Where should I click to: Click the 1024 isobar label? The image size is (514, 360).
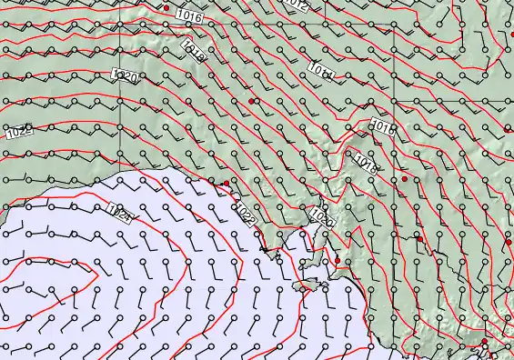(120, 214)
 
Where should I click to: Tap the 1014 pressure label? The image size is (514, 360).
(320, 69)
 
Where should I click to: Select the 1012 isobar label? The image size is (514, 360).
(296, 5)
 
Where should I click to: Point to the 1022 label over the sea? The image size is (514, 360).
(245, 215)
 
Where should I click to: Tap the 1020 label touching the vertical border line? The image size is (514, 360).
(125, 76)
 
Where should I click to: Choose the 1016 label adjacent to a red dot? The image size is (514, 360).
(190, 15)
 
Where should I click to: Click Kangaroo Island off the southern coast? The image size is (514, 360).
(311, 285)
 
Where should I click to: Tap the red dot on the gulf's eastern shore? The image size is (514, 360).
(337, 261)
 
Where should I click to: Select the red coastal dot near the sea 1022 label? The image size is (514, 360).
(227, 183)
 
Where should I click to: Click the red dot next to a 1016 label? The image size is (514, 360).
(166, 7)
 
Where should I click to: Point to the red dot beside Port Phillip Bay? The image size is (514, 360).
(485, 342)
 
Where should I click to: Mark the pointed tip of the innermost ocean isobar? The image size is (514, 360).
(97, 271)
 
